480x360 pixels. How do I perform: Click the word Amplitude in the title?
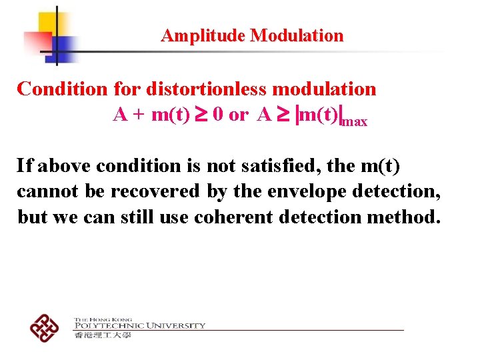point(203,35)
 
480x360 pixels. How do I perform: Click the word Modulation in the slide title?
point(297,35)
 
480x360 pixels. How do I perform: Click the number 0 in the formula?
point(217,115)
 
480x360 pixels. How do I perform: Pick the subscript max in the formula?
point(354,122)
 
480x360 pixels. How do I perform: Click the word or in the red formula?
point(238,115)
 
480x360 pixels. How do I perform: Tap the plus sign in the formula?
point(139,115)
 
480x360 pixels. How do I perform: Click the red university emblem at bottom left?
point(45,327)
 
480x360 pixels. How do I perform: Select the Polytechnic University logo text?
point(140,325)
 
